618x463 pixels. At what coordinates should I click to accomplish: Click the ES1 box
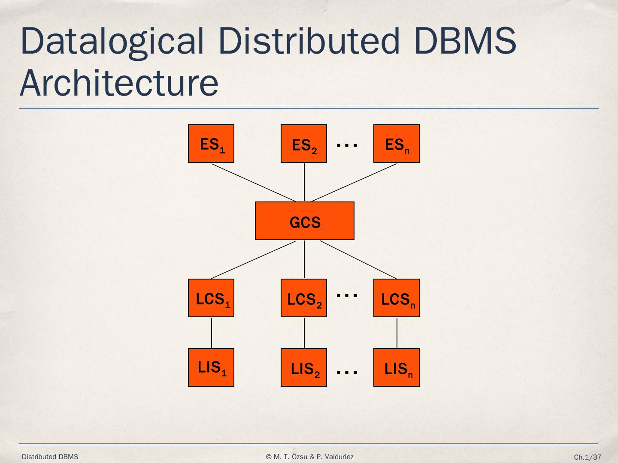click(211, 144)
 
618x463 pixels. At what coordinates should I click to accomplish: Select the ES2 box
click(304, 144)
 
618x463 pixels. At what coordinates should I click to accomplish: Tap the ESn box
click(397, 144)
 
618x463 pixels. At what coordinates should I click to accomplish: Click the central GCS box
click(305, 221)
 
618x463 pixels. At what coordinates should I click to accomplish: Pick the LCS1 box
click(211, 298)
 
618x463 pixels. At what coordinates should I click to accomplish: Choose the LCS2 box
click(304, 298)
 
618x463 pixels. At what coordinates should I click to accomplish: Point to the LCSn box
click(397, 298)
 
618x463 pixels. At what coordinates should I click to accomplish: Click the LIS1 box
click(211, 367)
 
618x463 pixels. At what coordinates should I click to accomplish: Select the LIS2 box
click(304, 367)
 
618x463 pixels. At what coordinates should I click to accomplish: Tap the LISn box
click(397, 367)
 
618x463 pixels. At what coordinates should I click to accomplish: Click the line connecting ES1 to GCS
click(253, 182)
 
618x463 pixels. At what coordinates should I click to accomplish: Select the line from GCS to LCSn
click(358, 259)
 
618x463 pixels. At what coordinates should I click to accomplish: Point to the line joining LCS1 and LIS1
click(212, 333)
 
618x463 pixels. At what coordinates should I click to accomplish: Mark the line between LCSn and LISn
click(397, 333)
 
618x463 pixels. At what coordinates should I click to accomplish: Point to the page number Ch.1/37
click(588, 457)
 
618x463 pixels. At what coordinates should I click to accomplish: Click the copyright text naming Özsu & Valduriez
click(310, 457)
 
